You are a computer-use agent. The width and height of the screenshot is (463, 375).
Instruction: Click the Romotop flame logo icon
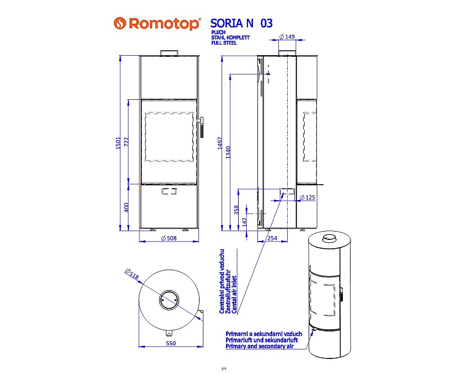[120, 23]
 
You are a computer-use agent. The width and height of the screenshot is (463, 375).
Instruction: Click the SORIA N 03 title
[241, 23]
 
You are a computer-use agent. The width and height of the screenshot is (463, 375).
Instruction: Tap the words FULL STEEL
[224, 43]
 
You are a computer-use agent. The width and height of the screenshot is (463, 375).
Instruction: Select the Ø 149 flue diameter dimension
[287, 36]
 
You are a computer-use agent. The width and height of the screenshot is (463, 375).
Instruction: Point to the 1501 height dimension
[118, 143]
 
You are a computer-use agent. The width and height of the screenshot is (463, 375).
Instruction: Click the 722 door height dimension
[126, 143]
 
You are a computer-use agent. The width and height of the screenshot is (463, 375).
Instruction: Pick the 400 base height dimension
[126, 207]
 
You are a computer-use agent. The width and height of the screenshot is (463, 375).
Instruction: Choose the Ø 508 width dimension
[169, 238]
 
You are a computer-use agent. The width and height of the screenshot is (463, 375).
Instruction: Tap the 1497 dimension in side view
[220, 143]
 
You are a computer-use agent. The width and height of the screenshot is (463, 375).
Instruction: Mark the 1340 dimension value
[228, 152]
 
